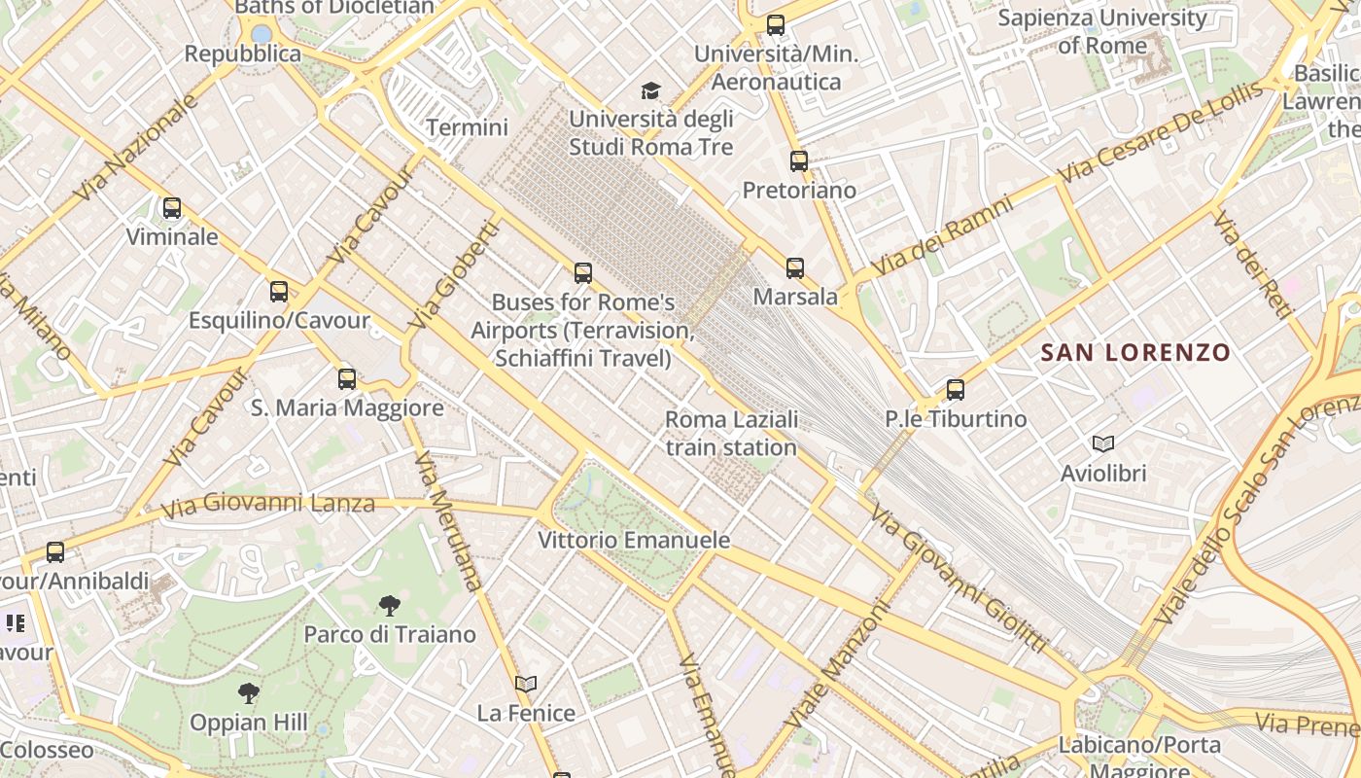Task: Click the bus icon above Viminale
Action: pyautogui.click(x=172, y=207)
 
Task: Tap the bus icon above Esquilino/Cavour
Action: pyautogui.click(x=279, y=291)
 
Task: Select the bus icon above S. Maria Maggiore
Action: pyautogui.click(x=347, y=378)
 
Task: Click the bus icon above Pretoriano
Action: pyautogui.click(x=799, y=161)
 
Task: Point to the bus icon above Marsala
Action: pyautogui.click(x=795, y=267)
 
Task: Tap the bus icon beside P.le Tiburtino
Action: pyautogui.click(x=956, y=390)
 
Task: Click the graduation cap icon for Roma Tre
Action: pyautogui.click(x=650, y=91)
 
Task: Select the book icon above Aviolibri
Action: pyautogui.click(x=1103, y=444)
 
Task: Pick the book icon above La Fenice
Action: pyautogui.click(x=526, y=684)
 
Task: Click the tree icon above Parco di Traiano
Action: pyautogui.click(x=389, y=606)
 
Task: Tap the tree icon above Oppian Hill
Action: pyautogui.click(x=249, y=693)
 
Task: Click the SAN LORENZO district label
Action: pyautogui.click(x=1135, y=352)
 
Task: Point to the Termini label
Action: pyautogui.click(x=468, y=127)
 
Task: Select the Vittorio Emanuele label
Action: pyautogui.click(x=634, y=540)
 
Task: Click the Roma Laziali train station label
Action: pyautogui.click(x=731, y=434)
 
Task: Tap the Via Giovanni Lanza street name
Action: pyautogui.click(x=267, y=505)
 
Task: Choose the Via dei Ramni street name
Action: pyautogui.click(x=941, y=235)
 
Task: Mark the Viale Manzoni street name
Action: pyautogui.click(x=839, y=665)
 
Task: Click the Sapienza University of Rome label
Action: pyautogui.click(x=1102, y=31)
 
